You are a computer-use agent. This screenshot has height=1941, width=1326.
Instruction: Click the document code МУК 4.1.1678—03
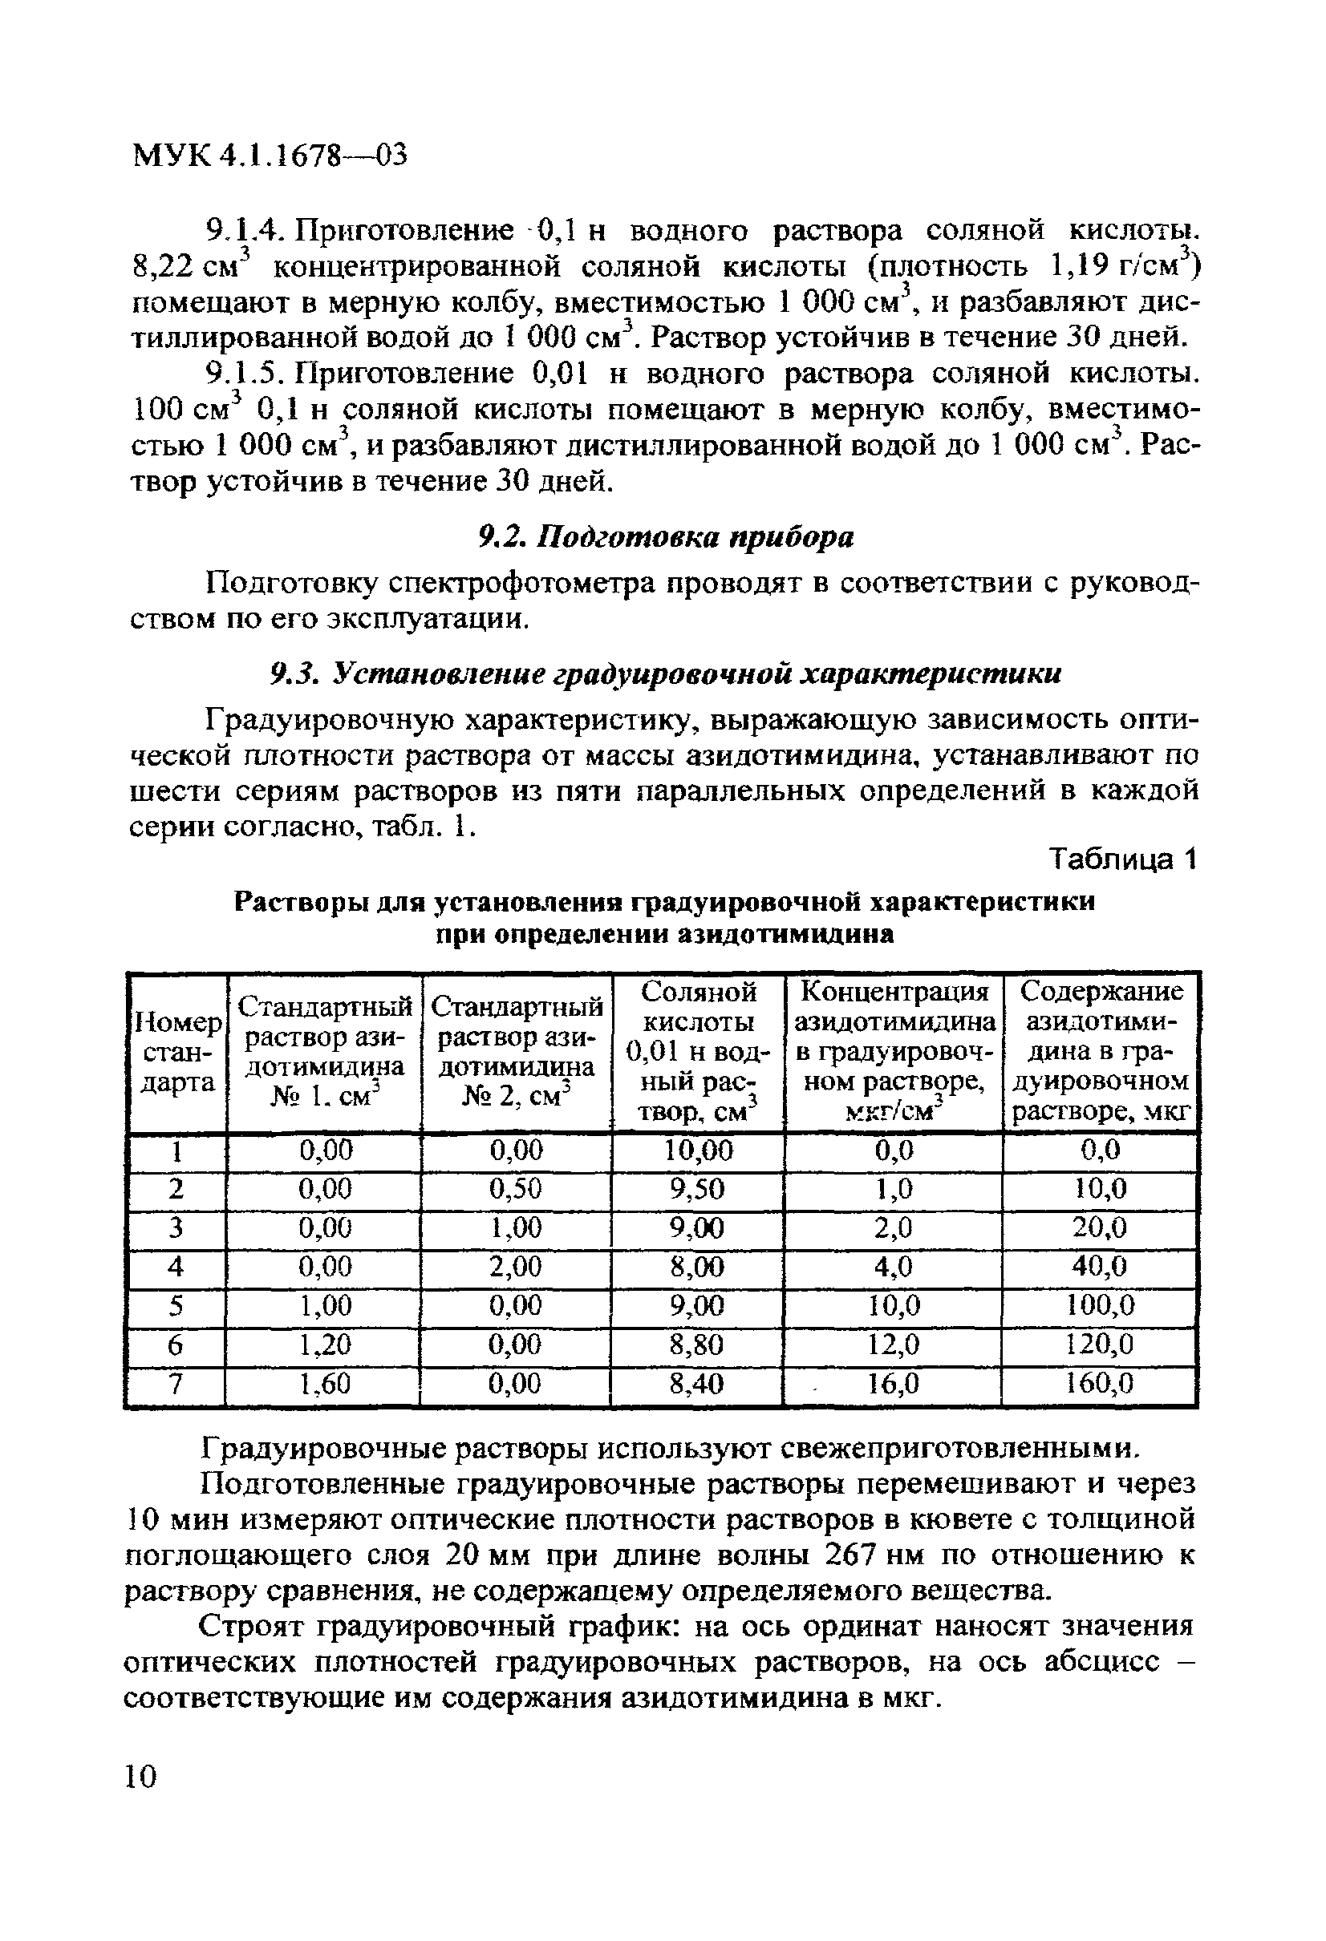269,156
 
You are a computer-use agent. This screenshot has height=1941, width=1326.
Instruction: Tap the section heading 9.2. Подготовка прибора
665,537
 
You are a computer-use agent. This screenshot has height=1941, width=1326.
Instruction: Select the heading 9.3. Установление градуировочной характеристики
665,674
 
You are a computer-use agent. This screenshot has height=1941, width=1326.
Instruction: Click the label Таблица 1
1123,859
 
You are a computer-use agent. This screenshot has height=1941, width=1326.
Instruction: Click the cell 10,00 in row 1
699,1152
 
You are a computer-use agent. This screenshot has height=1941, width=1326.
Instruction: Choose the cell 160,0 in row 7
1101,1385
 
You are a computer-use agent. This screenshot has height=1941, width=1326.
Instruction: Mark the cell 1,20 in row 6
325,1345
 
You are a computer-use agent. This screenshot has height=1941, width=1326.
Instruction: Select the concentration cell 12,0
893,1345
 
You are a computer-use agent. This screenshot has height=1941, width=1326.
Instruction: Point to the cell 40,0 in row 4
1101,1267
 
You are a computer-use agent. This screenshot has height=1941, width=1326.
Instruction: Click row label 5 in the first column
176,1306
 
